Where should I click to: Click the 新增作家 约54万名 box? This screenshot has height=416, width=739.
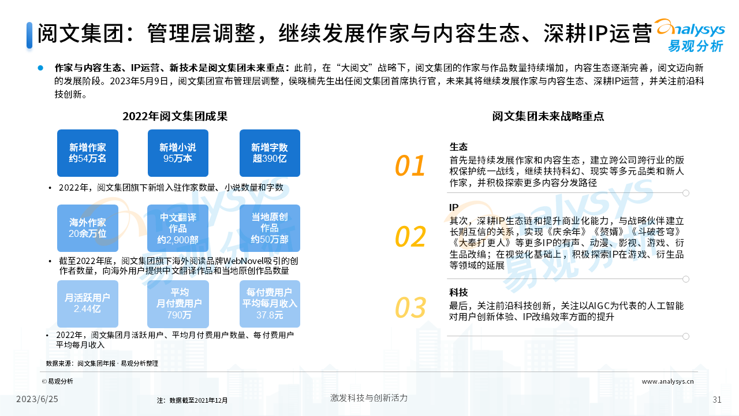coord(87,153)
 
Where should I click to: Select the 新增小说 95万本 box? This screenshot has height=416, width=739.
coord(178,153)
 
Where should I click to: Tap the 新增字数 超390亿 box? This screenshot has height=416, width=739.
coord(270,153)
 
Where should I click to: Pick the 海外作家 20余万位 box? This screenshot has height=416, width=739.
coord(87,228)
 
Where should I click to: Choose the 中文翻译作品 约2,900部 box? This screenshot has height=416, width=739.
coord(178,228)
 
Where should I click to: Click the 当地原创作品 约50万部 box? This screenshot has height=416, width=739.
coord(270,228)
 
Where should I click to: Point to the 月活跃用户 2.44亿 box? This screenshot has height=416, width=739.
coord(87,304)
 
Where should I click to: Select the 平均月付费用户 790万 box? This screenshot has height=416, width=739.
coord(178,304)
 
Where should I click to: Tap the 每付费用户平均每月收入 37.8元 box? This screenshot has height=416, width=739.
coord(270,304)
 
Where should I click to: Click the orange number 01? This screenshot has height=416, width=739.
coord(410,166)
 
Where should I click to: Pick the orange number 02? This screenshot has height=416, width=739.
coord(410,236)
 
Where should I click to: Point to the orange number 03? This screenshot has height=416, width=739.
coord(410,307)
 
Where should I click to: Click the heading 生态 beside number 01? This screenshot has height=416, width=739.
coord(458,147)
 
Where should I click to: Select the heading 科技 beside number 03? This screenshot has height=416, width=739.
coord(458,292)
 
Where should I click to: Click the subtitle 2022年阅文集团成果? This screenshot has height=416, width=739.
coord(175,116)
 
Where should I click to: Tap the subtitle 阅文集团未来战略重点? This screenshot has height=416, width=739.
coord(548,116)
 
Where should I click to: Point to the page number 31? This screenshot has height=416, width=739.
coord(717,400)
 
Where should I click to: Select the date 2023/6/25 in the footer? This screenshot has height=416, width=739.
coord(37,399)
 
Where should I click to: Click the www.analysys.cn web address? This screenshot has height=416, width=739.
coord(667,381)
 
